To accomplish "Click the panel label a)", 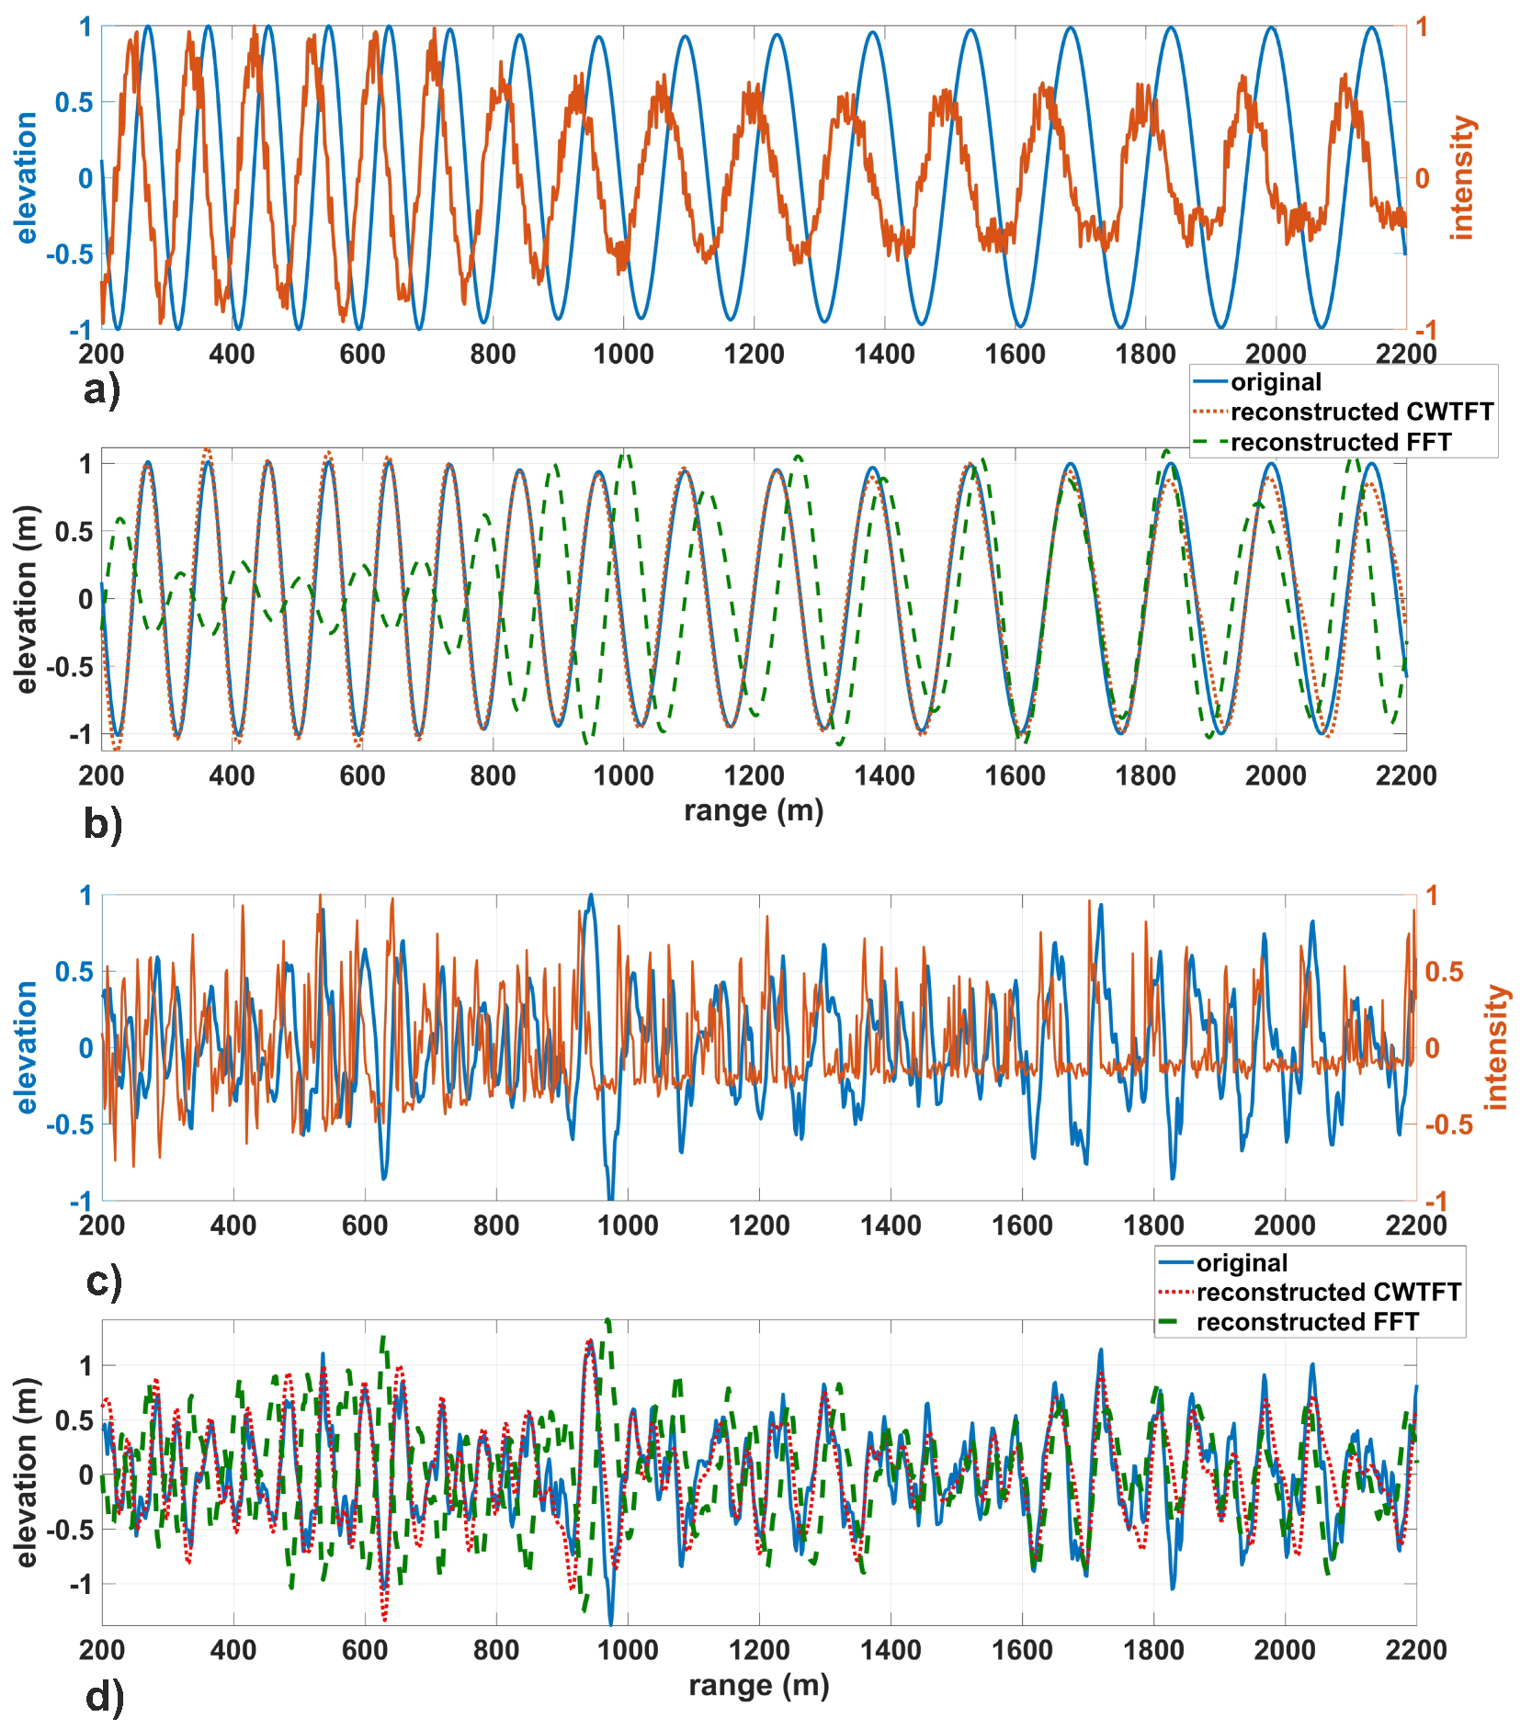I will tap(101, 390).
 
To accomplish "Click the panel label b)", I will tap(102, 823).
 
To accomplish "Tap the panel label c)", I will tap(103, 1280).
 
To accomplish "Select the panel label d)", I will tap(104, 1696).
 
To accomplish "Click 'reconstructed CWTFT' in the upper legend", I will tap(1361, 412).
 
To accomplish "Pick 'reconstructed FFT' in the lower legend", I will tap(1307, 1322).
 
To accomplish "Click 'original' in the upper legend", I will tap(1276, 382).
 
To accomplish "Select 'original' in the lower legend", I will tap(1242, 1263).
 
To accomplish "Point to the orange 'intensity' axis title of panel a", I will tap(1461, 178).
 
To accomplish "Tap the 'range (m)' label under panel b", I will tap(754, 811).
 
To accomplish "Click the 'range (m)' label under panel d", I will tap(759, 1686).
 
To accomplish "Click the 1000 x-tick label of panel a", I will tap(623, 354).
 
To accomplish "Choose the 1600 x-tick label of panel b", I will tap(1015, 775).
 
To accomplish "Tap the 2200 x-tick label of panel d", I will tap(1415, 1650).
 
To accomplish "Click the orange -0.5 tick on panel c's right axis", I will tap(1447, 1124).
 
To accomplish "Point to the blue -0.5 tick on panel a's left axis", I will tap(70, 254).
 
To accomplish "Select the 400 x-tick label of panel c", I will tap(233, 1225).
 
